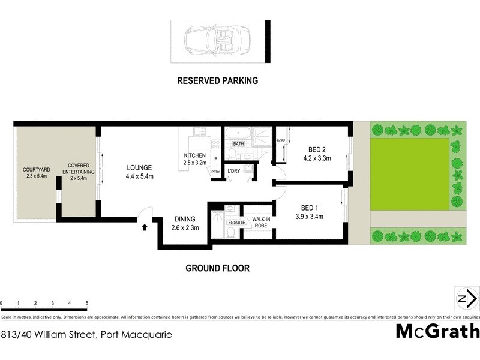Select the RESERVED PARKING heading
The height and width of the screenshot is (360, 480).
217,80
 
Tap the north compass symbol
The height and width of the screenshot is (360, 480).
467,298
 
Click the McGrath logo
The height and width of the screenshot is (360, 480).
437,331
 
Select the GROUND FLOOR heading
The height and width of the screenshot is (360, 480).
217,268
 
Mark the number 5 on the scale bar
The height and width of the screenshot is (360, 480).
87,304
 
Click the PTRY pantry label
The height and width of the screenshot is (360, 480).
215,172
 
